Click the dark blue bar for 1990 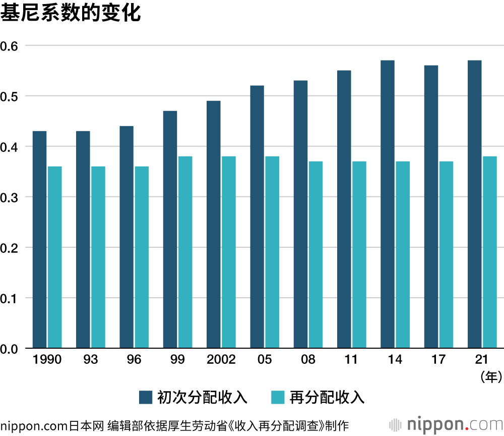[39, 240]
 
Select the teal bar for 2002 [229, 252]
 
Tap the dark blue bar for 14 [388, 204]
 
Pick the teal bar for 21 [489, 252]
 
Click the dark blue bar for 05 [257, 217]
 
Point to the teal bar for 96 [142, 257]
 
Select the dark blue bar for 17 [431, 207]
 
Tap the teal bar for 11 [359, 255]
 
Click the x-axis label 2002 [221, 360]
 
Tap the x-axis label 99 [177, 360]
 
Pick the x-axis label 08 [308, 360]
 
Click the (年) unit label [488, 376]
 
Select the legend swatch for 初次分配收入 [146, 397]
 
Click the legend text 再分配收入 [327, 397]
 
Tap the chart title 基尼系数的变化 [70, 13]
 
